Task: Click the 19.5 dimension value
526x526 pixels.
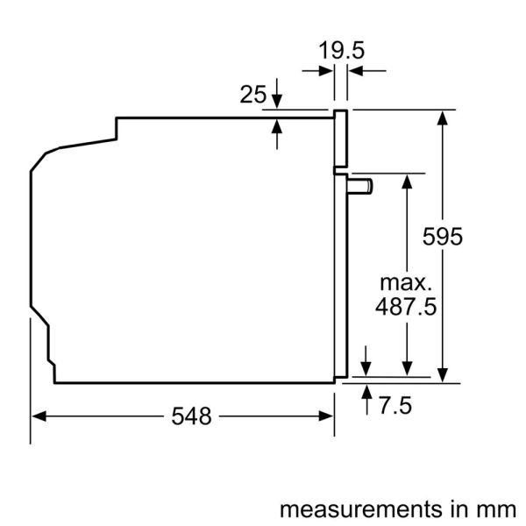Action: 340,50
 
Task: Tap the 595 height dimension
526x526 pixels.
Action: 442,236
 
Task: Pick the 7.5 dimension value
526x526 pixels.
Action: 395,406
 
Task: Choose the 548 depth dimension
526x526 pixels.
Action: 192,417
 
